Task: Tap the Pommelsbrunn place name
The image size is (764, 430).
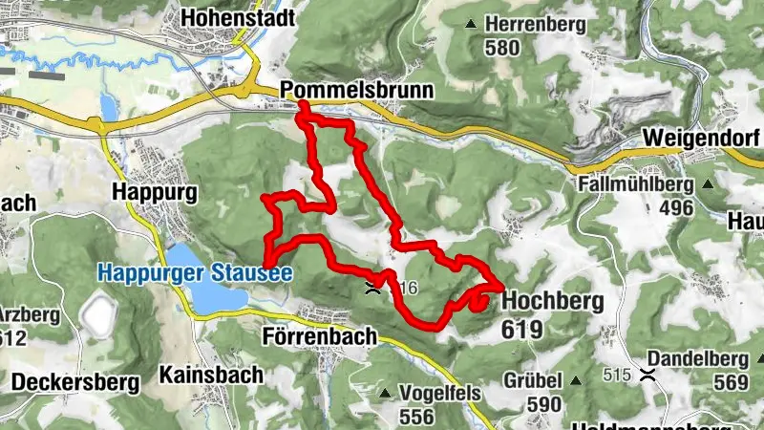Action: (x=357, y=90)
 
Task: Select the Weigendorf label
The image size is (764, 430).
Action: (x=702, y=138)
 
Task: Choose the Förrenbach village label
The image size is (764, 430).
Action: (x=319, y=336)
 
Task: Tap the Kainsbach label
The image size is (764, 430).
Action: (x=211, y=375)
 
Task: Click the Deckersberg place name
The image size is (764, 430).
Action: (x=75, y=383)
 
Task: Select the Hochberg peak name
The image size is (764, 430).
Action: (x=552, y=302)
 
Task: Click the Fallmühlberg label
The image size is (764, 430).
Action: (x=633, y=183)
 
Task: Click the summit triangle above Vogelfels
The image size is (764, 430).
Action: (x=384, y=393)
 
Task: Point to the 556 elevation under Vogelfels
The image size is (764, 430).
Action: (x=418, y=417)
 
